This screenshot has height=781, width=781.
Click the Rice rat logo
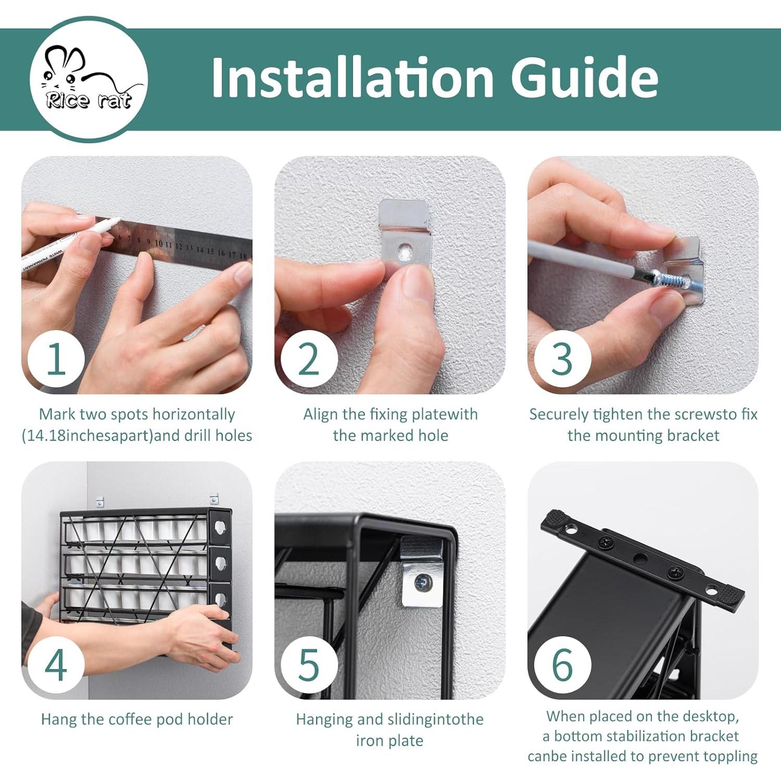89,79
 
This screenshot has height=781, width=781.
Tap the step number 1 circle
56,359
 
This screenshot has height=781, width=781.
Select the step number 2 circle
309,359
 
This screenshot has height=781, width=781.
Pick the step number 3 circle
562,359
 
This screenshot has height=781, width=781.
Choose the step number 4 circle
56,664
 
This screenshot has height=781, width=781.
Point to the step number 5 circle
309,664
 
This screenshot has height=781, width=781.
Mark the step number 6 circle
562,664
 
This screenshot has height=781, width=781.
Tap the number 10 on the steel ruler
159,243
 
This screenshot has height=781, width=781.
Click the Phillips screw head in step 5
422,583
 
